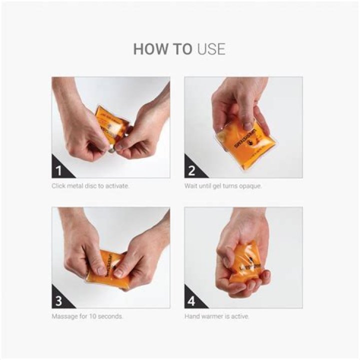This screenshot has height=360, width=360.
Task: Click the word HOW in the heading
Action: point(147,49)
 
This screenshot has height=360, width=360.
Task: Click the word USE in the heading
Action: point(211,49)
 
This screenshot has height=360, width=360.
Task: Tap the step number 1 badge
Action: point(58,171)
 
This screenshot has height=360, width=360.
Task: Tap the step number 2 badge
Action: point(191,171)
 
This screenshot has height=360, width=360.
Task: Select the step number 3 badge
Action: point(58,301)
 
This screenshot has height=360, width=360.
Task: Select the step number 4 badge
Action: point(191,301)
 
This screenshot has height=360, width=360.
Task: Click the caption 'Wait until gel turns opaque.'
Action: point(223,186)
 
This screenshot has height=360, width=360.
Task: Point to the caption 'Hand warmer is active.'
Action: point(217,316)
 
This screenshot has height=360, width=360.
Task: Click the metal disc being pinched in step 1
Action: point(112,147)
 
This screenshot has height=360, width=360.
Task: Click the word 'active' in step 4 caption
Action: point(241,316)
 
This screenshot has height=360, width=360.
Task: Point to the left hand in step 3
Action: point(80,245)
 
